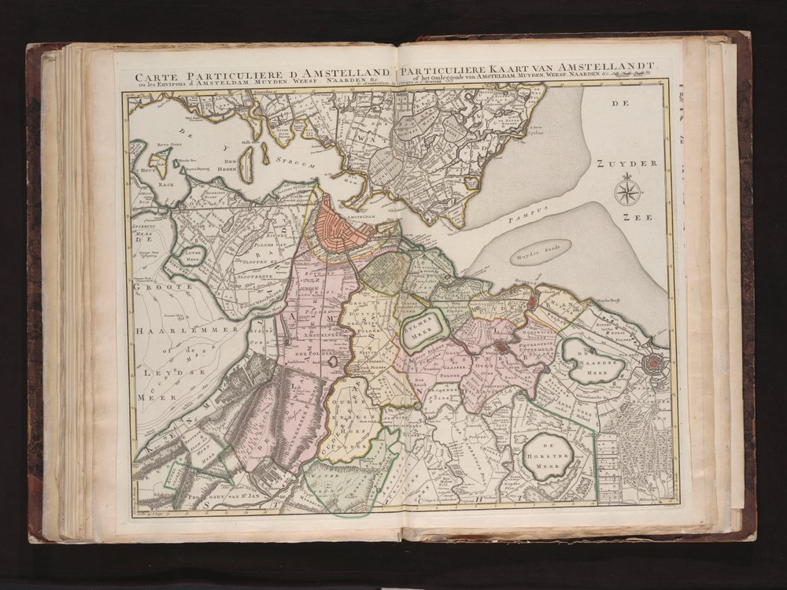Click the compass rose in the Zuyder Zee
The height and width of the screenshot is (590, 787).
coord(627,191)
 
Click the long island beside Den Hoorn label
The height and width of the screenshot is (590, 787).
coord(246,164)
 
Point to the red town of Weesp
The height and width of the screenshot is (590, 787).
coord(501,347)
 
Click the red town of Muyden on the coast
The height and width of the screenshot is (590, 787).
coord(534,300)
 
